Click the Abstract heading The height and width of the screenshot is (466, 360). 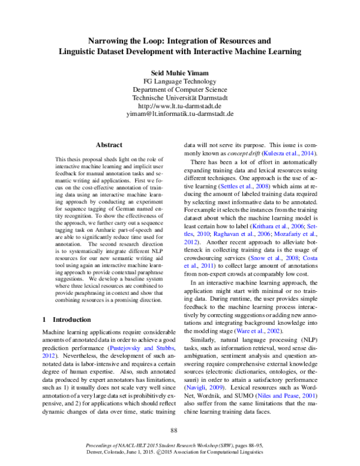click(x=109, y=145)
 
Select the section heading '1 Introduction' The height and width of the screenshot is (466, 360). click(x=67, y=319)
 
